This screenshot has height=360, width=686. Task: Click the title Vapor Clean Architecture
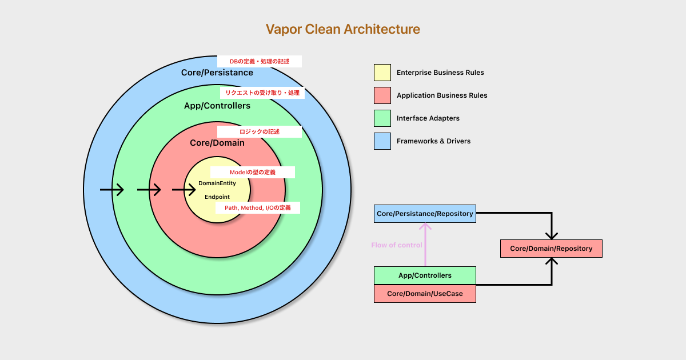pos(343,29)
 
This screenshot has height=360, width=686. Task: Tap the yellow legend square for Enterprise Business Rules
pos(382,73)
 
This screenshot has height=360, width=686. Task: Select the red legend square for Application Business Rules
pos(382,95)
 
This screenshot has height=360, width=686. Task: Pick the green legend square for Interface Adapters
pos(382,118)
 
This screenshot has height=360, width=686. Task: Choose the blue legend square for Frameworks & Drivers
pos(382,141)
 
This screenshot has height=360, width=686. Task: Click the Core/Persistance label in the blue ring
pos(217,73)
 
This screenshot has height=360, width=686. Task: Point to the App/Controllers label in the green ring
pos(217,106)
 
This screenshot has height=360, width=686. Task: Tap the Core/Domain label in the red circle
pos(217,143)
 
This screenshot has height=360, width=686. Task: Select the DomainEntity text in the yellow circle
pos(217,183)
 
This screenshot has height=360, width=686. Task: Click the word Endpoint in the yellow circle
pos(217,197)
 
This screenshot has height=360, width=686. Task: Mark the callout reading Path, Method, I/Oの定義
pos(258,208)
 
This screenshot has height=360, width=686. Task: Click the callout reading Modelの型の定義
pos(253,172)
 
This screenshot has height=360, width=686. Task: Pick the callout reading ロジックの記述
pos(260,131)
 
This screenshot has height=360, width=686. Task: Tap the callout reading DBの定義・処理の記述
pos(260,61)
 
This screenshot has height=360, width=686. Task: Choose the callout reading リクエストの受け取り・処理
pos(262,93)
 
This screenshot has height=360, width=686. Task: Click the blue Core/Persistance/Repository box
pos(425,214)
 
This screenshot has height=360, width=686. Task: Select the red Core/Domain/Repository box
pos(551,249)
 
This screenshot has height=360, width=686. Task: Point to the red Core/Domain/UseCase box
pos(425,294)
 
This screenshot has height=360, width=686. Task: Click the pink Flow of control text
pos(397,245)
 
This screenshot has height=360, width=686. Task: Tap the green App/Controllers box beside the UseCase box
pos(425,275)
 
